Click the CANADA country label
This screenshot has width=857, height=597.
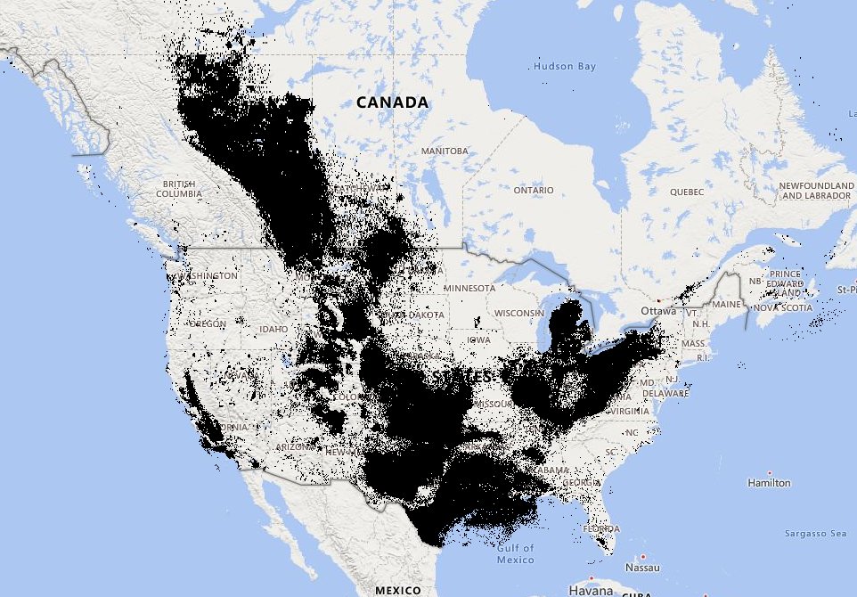(x=392, y=102)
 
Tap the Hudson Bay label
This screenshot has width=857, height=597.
(x=564, y=67)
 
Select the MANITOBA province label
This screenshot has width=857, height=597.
(x=445, y=151)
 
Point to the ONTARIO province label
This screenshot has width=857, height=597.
(x=534, y=190)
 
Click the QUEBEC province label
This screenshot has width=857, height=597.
(x=687, y=192)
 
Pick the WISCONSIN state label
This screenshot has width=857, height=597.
(x=518, y=313)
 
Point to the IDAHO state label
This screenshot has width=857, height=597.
(x=273, y=329)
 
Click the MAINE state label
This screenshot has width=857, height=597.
(x=728, y=305)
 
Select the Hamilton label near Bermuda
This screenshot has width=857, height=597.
(x=769, y=483)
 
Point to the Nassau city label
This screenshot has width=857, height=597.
(x=641, y=567)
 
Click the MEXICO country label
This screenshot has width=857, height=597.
(x=396, y=590)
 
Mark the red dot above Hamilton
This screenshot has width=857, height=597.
(x=769, y=472)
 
